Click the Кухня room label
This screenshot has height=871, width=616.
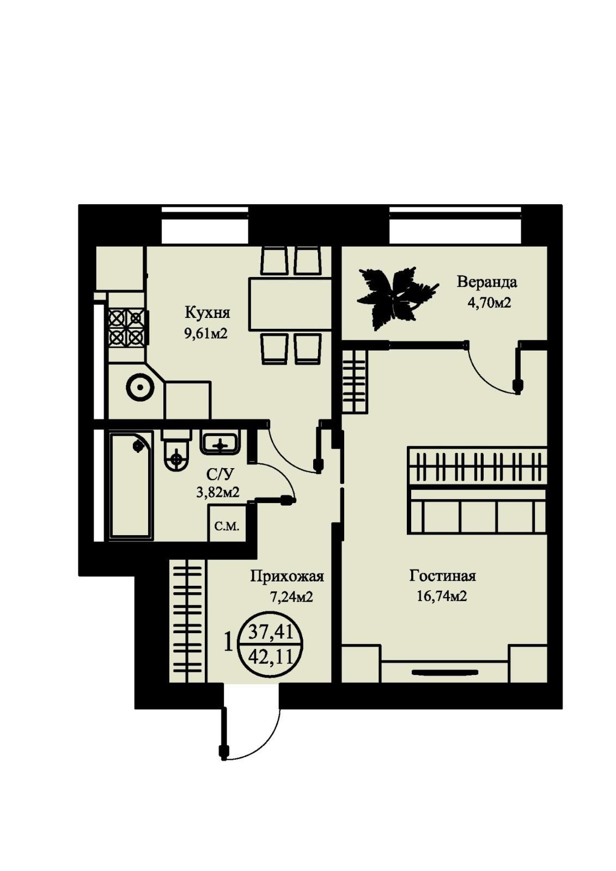[208, 313]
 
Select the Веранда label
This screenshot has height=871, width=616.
[487, 282]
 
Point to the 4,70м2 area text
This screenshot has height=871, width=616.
[489, 302]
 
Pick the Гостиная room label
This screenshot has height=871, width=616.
[443, 575]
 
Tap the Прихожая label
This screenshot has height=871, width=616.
[287, 576]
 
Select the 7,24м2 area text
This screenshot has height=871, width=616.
[291, 597]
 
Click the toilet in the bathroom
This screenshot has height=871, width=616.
[176, 450]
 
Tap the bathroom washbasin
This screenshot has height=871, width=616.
[221, 442]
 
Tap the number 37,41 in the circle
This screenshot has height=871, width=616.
[271, 633]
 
